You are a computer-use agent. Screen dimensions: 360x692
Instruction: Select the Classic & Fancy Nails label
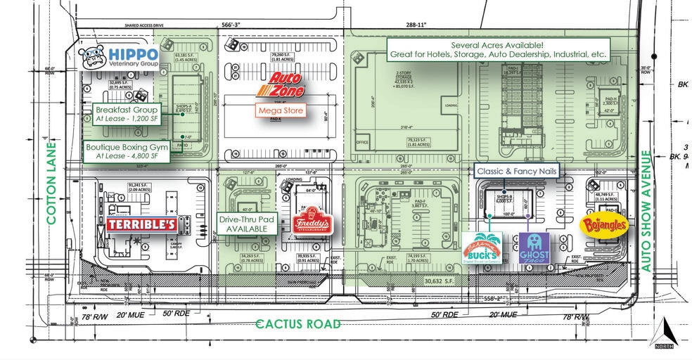[x=516, y=170]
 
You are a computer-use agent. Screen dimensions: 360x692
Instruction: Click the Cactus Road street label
[x=298, y=324]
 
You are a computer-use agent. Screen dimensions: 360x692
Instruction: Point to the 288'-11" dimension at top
[x=415, y=25]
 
